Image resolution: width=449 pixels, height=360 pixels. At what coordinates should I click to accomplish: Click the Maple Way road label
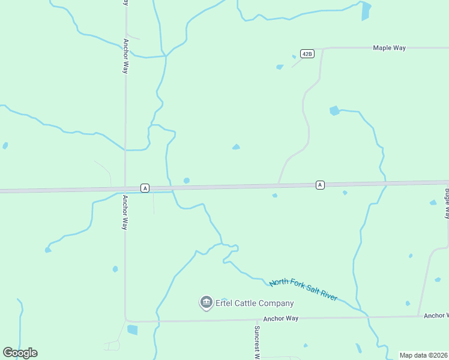[389, 47]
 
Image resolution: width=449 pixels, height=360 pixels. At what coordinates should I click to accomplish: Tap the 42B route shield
[307, 54]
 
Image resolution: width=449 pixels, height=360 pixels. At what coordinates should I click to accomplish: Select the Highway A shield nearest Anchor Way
[145, 188]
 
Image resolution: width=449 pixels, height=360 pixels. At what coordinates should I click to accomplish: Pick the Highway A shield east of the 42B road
[320, 185]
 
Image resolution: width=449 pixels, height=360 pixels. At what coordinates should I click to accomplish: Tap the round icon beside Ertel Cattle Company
[206, 302]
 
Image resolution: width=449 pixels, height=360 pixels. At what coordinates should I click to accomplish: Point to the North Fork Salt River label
[303, 290]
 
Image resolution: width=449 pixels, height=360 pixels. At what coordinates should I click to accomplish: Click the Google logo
[20, 353]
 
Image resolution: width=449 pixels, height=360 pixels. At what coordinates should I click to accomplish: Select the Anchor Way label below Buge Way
[436, 315]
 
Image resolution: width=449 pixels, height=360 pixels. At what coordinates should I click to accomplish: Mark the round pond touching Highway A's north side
[187, 181]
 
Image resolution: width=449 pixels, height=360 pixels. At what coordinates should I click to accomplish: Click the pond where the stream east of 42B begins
[334, 110]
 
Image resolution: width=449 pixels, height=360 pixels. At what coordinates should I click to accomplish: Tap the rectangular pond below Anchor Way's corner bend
[132, 329]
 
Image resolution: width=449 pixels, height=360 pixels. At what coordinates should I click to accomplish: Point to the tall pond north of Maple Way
[366, 10]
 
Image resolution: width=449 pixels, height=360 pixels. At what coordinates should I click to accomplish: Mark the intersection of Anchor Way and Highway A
[125, 190]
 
